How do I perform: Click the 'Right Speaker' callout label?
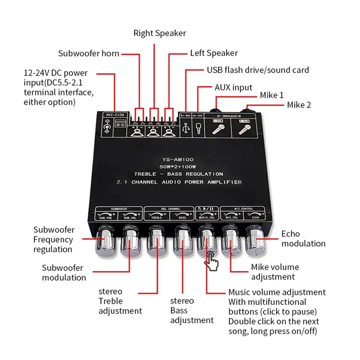tap(160, 33)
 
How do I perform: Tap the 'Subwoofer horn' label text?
tap(88, 54)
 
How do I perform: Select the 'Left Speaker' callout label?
tap(214, 53)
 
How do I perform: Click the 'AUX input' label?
tap(233, 88)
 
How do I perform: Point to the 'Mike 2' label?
tap(299, 105)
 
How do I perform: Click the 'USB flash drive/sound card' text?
tap(258, 70)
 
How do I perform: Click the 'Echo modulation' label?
tap(303, 239)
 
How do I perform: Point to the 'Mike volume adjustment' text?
tap(275, 272)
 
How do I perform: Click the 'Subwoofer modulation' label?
tap(64, 273)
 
